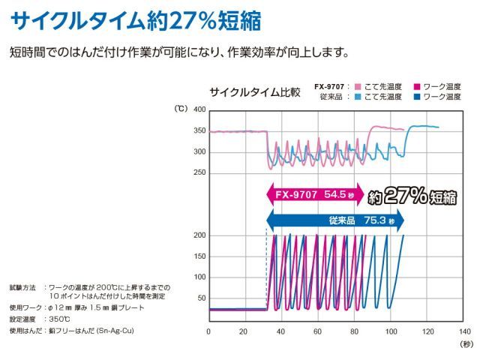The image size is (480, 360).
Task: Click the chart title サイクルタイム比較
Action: [255, 93]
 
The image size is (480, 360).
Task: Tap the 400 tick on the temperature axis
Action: [199, 109]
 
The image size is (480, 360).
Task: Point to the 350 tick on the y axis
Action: [199, 130]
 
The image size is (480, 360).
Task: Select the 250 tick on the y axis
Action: [199, 172]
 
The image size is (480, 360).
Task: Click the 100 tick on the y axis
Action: [199, 277]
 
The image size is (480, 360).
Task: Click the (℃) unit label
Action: [181, 109]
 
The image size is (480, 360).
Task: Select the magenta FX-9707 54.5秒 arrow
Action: [314, 193]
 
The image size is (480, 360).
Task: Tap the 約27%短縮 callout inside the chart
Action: [413, 196]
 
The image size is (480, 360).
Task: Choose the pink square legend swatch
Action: [358, 86]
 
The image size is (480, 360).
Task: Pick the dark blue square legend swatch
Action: [416, 97]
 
